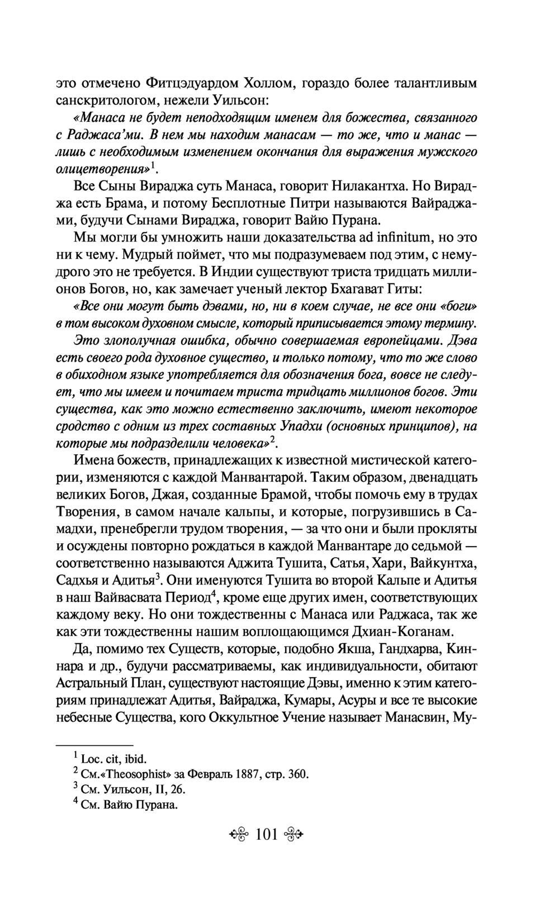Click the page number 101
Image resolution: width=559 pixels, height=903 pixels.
point(267,835)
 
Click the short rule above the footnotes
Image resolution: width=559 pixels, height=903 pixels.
point(95,745)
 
